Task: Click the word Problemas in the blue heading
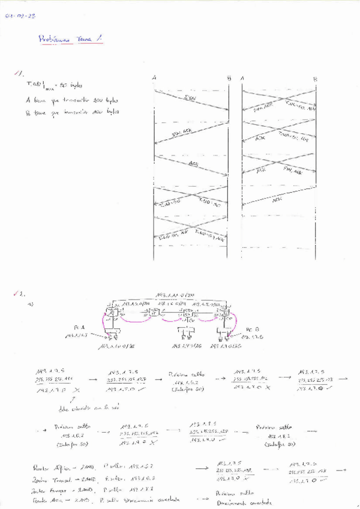tap(54, 40)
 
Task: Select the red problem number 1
tap(19, 74)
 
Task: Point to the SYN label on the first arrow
tap(190, 98)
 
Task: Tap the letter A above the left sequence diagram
tap(155, 78)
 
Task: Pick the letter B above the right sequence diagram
tap(314, 78)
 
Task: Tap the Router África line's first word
tap(42, 467)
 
